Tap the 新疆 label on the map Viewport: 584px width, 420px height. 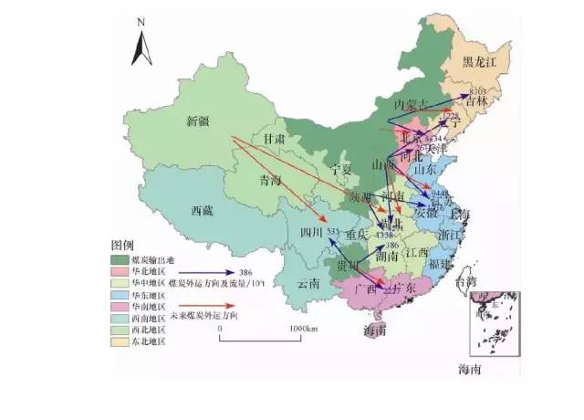pos(198,121)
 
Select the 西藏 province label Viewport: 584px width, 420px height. pos(202,211)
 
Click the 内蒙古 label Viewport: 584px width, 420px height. pos(412,102)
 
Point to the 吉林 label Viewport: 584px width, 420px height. pos(475,102)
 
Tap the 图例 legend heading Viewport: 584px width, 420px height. pos(122,247)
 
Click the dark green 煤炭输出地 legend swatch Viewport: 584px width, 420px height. pos(118,259)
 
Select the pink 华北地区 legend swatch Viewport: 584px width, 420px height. pos(118,272)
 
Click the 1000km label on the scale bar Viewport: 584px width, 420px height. pos(302,328)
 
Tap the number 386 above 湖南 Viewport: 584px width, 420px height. pos(393,246)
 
